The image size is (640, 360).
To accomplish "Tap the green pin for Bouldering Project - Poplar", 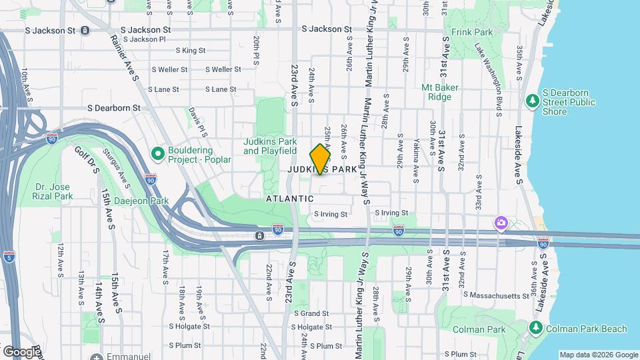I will pos(158,154).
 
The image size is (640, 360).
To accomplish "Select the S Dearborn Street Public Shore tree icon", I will pos(532,101).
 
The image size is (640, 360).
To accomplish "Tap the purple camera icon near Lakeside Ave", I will pos(500,222).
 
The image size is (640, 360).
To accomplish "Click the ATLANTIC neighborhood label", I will pos(289,199).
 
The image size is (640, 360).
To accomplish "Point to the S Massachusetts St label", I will pos(493,295).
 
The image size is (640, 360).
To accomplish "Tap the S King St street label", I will pos(191,50).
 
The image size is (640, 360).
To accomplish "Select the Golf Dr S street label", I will pos(86,160).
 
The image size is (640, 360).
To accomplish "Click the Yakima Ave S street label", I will pos(415,163).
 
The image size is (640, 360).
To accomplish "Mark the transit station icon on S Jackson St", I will pos(85,30).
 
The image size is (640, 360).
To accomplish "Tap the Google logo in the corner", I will pos(21,351).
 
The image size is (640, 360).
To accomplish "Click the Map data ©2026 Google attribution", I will pos(598,355).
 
